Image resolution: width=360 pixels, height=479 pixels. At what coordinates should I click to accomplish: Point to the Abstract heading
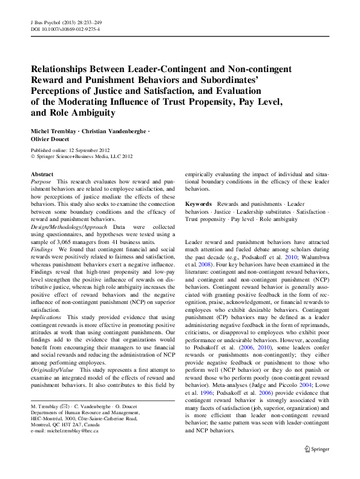(42, 174)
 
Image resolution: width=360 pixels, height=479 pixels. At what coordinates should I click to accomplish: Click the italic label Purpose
(41, 182)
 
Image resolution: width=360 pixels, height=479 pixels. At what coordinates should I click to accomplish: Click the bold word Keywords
(198, 205)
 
